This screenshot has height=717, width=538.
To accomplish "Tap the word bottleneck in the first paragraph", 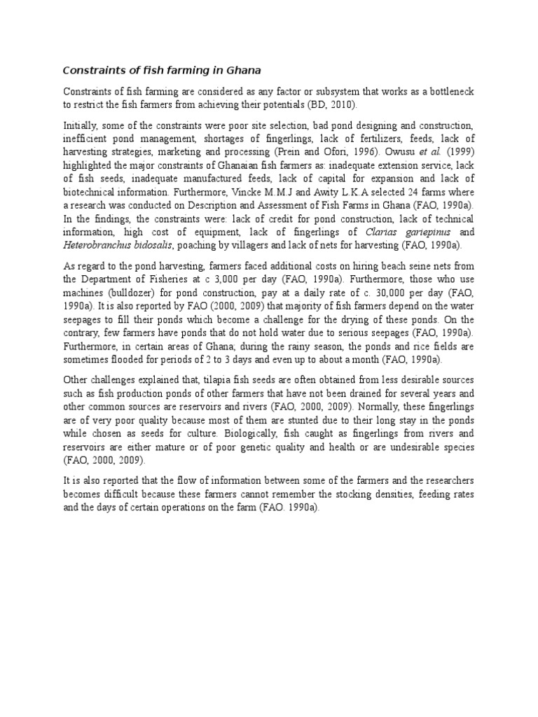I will [448, 92].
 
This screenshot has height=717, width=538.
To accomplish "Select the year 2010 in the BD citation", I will [343, 105].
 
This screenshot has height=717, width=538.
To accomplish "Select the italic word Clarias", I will [382, 231].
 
